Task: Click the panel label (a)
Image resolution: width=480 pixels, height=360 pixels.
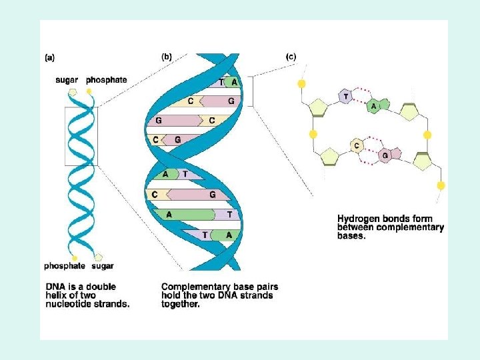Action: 50,58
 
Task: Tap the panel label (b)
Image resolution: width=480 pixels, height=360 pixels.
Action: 166,57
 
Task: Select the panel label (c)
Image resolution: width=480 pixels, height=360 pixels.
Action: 291,57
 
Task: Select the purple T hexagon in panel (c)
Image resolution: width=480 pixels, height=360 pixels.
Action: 345,97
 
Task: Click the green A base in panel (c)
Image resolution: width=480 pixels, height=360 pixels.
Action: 375,105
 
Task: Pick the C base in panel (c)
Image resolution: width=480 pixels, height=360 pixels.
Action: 357,145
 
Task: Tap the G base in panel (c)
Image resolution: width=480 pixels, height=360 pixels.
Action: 385,155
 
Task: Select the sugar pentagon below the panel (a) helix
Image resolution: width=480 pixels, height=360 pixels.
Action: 99,257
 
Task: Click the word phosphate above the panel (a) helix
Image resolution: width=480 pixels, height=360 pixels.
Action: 106,80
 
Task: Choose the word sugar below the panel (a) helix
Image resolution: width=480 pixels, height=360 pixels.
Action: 103,266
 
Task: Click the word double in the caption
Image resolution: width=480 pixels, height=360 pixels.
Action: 100,287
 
